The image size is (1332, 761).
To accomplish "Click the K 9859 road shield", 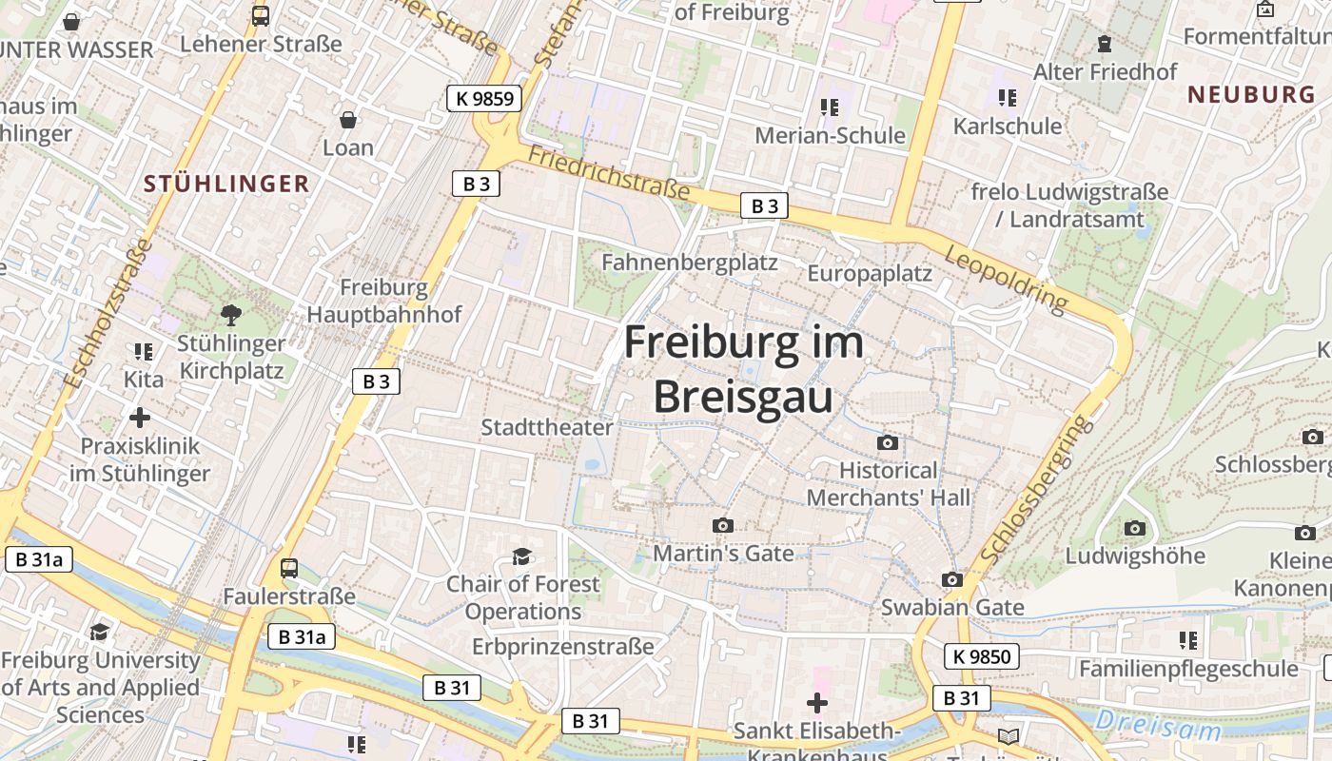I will pyautogui.click(x=485, y=98).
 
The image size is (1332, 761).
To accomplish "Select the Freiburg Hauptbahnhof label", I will pyautogui.click(x=383, y=301).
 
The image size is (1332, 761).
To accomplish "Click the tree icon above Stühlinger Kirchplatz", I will pyautogui.click(x=230, y=314).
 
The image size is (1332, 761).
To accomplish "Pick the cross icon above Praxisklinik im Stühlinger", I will pyautogui.click(x=140, y=418).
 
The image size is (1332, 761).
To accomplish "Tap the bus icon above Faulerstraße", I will pyautogui.click(x=289, y=568).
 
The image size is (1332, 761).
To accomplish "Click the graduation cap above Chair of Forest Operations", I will pyautogui.click(x=520, y=556).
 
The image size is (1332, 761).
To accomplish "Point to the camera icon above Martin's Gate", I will pyautogui.click(x=722, y=525).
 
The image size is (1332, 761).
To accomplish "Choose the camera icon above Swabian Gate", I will pyautogui.click(x=951, y=579).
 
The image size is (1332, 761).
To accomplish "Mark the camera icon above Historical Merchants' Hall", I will pyautogui.click(x=888, y=442).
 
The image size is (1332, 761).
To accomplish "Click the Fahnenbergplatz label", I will pyautogui.click(x=690, y=262).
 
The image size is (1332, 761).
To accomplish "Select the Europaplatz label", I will pyautogui.click(x=870, y=274).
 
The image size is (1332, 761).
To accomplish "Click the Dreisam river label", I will pyautogui.click(x=1157, y=726).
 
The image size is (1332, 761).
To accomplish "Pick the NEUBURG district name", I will pyautogui.click(x=1251, y=94).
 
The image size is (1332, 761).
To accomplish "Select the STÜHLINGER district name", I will pyautogui.click(x=226, y=184).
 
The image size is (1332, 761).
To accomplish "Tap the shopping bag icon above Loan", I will pyautogui.click(x=348, y=120).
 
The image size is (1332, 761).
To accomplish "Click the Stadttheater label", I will pyautogui.click(x=547, y=427).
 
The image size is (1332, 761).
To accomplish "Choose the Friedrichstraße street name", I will pyautogui.click(x=609, y=172).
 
